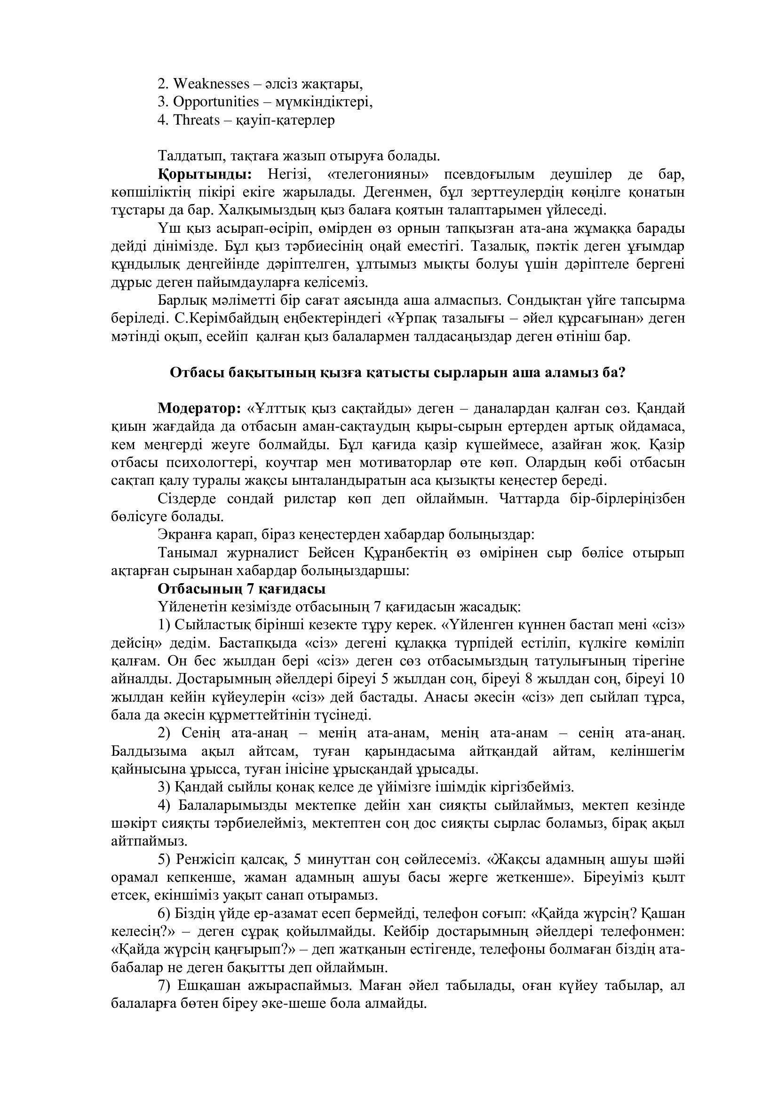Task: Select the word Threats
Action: tap(196, 120)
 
